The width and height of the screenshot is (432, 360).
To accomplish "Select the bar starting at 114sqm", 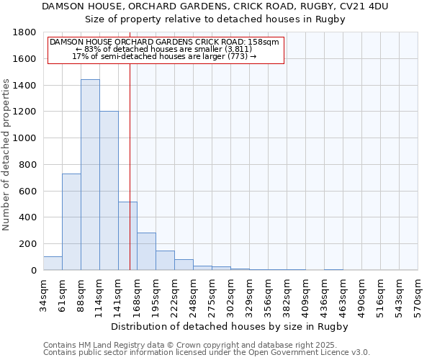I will click(x=109, y=191).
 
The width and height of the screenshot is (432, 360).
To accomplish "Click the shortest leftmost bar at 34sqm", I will click(x=53, y=264).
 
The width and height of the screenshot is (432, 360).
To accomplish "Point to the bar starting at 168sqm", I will click(x=146, y=251).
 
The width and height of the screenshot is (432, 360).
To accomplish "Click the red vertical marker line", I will click(x=130, y=144).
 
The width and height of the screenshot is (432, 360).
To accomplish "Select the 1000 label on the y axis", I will click(x=25, y=138).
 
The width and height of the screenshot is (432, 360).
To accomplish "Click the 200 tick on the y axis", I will click(x=28, y=244).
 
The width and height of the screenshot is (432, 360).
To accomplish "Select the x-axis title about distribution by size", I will click(x=230, y=327).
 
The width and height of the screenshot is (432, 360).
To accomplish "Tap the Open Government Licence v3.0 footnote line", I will click(x=207, y=353).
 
